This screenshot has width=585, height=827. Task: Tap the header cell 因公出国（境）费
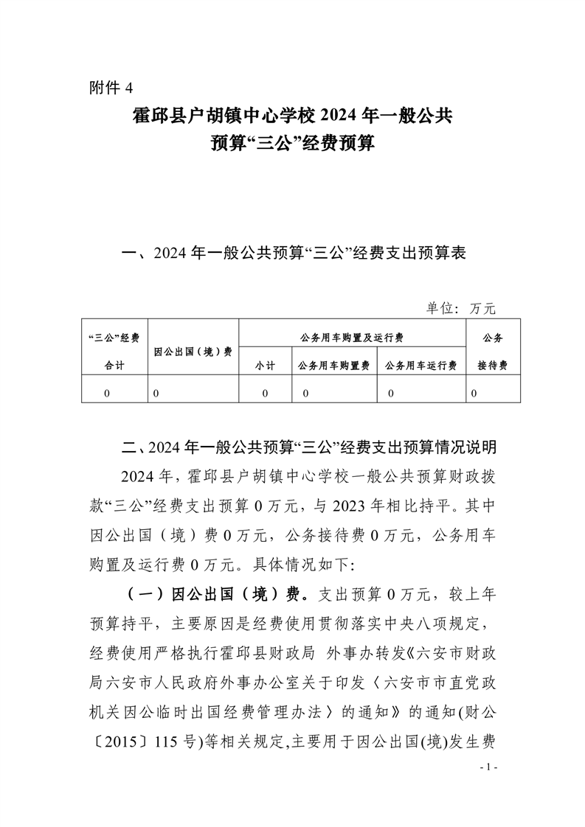click(x=193, y=352)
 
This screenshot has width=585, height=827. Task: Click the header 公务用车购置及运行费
click(x=352, y=338)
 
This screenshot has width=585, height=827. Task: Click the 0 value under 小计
click(x=265, y=394)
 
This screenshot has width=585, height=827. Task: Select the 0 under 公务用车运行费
click(x=391, y=394)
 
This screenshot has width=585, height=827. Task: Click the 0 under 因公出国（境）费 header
click(x=156, y=394)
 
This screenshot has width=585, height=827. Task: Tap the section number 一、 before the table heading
click(x=135, y=255)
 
